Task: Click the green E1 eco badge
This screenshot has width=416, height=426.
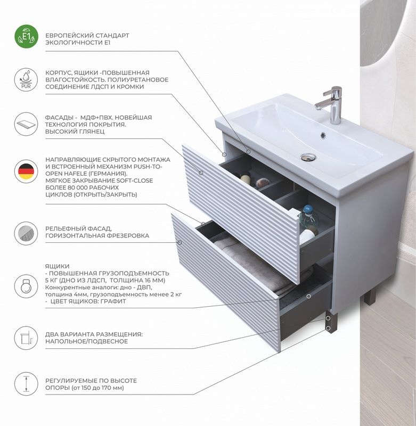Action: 26,36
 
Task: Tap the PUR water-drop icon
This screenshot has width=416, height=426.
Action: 26,80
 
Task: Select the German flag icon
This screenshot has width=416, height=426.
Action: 26,171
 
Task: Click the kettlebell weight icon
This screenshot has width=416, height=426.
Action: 26,286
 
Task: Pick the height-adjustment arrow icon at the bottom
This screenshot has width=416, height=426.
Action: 26,383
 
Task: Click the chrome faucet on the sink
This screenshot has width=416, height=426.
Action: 330,104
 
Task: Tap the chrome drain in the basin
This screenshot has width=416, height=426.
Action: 308,157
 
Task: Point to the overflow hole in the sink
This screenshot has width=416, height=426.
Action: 323,135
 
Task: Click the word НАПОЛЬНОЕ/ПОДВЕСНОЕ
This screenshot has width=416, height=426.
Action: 86,341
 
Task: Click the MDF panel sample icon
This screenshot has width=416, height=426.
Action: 26,124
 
